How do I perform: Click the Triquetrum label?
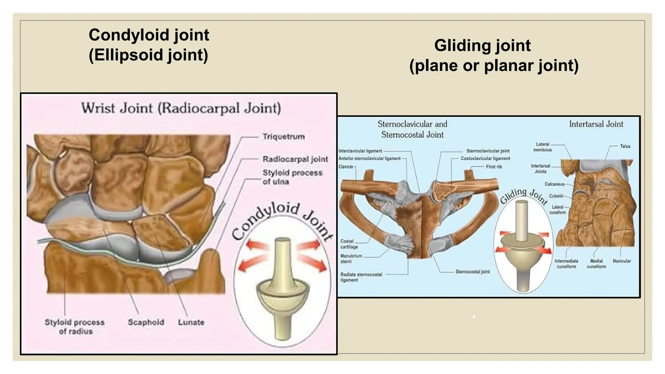point(283,136)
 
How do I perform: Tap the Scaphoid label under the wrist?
point(146,322)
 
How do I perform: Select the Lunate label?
point(191,322)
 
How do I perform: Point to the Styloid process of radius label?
point(75,327)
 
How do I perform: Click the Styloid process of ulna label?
point(292,177)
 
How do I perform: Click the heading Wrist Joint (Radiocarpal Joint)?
point(181,108)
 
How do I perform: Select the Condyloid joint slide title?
point(149,44)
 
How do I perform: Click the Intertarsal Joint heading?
point(596,124)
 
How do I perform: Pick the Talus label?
point(625,146)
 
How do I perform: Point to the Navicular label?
point(621,261)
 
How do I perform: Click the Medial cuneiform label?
point(596,264)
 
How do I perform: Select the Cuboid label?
point(556,196)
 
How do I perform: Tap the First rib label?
point(494,167)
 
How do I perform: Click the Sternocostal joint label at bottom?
point(472,272)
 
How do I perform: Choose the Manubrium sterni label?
point(351,258)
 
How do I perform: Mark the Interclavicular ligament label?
point(360,151)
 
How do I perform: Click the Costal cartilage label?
point(349,244)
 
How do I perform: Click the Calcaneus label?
point(554,184)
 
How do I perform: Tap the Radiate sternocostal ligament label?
point(361,277)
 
